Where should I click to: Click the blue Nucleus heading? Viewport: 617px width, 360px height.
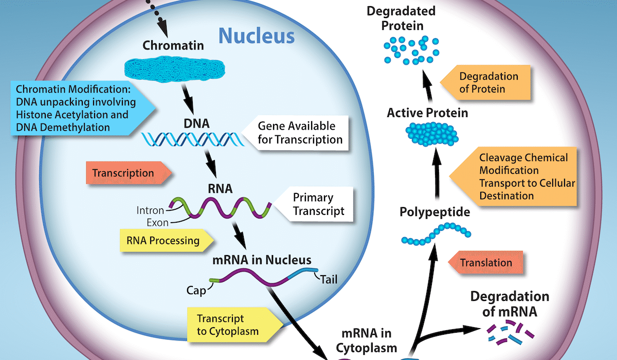click(x=257, y=37)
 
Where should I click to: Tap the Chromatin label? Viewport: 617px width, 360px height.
click(x=173, y=45)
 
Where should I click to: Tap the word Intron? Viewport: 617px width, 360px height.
click(x=151, y=210)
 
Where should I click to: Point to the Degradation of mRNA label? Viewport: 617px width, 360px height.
click(x=510, y=304)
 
